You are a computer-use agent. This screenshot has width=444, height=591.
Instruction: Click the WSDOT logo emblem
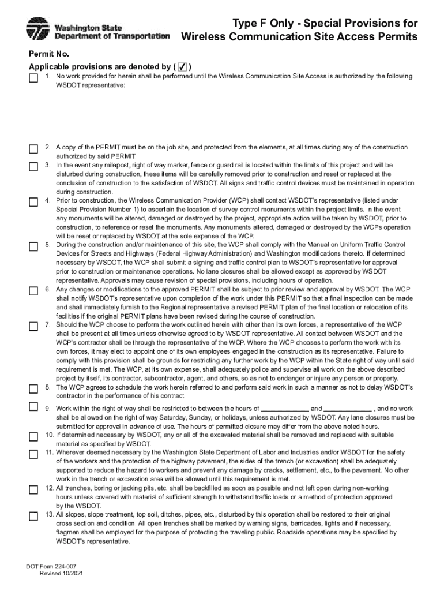[x=38, y=29]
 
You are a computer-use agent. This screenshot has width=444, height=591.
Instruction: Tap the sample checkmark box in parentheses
[x=183, y=66]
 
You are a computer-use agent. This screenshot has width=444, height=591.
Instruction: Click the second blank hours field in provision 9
[x=348, y=409]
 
